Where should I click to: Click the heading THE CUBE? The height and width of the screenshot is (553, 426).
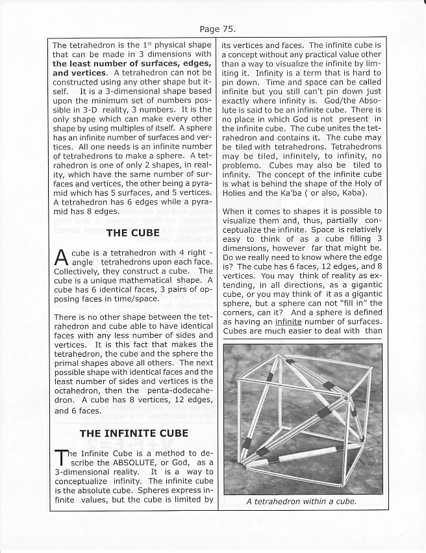(134, 233)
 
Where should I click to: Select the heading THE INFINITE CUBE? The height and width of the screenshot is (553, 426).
(134, 433)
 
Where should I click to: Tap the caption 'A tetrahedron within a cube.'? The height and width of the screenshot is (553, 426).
(302, 501)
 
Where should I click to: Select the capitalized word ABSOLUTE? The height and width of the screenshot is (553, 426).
(121, 462)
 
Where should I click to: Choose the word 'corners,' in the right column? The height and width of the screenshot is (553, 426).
(243, 311)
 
